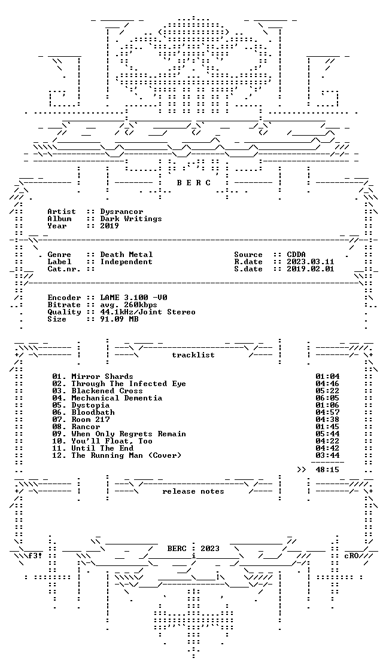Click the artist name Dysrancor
[x=122, y=212]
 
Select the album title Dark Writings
[x=131, y=219]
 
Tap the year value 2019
[x=110, y=226]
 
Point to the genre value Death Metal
[x=126, y=255]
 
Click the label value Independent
[x=126, y=262]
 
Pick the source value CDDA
[x=296, y=255]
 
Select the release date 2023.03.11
[x=311, y=262]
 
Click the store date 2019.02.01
[x=311, y=270]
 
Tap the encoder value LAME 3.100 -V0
[x=134, y=298]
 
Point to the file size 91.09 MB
[x=119, y=319]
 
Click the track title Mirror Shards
[x=102, y=377]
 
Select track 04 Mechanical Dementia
[x=107, y=398]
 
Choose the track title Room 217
[x=91, y=420]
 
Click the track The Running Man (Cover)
[x=117, y=455]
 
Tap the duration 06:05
[x=327, y=398]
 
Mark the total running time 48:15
[x=327, y=470]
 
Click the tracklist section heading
[x=193, y=355]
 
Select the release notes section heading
[x=193, y=491]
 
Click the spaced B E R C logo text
[x=193, y=183]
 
